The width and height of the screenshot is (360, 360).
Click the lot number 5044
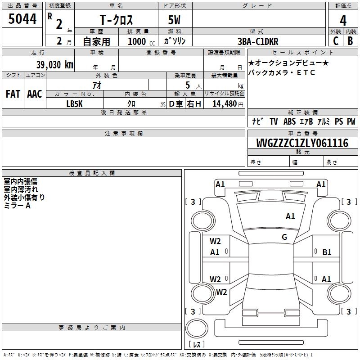[22, 19]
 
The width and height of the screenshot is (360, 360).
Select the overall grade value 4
[343, 20]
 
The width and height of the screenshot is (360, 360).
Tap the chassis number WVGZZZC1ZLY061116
[302, 143]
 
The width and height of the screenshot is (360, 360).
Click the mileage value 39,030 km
[54, 64]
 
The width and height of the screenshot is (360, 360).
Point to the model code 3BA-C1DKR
[258, 41]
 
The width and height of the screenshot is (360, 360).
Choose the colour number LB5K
[74, 104]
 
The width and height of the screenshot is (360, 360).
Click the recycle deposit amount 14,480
[225, 104]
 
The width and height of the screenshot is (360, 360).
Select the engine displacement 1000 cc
[141, 41]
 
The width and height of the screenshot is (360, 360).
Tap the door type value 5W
[174, 20]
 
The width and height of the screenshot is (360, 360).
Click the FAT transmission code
[13, 94]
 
